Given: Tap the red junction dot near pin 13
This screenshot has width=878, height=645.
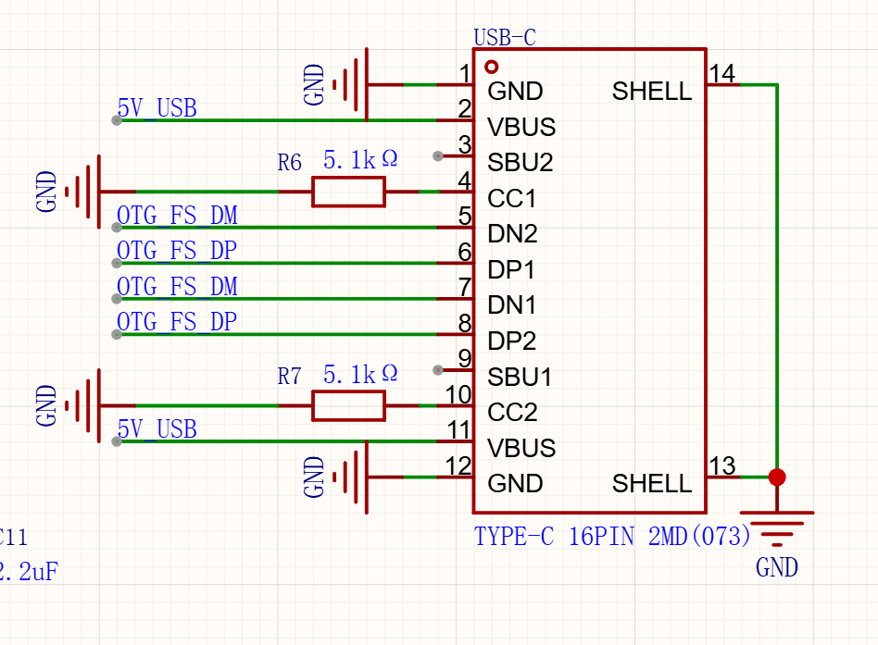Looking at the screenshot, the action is [x=777, y=478].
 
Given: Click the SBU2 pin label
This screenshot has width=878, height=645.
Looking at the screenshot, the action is [x=521, y=162].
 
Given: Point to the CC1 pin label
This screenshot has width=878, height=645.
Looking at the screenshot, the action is [x=511, y=198].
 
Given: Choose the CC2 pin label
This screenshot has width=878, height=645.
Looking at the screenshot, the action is [x=512, y=413].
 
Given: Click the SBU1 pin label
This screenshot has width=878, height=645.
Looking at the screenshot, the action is [x=519, y=377].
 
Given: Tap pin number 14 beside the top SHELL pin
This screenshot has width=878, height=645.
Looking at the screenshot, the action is [x=721, y=73].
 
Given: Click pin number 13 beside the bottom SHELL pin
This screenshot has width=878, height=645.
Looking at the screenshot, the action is [x=721, y=465].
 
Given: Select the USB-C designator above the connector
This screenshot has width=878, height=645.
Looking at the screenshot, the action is [x=505, y=38].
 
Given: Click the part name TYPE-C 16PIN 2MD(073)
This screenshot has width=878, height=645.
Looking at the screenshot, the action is [x=612, y=536].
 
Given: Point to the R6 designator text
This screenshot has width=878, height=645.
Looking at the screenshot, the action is [x=290, y=162].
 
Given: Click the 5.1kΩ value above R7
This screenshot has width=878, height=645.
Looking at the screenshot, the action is [x=360, y=374].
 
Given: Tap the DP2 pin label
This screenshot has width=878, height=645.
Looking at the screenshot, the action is [x=512, y=341].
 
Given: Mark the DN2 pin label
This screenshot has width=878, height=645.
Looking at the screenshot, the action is [x=512, y=233].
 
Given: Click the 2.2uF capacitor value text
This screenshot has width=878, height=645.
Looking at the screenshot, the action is [x=29, y=571].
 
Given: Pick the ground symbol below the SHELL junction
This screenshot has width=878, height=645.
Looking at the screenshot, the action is [x=777, y=528].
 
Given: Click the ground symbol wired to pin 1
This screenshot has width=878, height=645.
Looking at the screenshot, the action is [x=351, y=84].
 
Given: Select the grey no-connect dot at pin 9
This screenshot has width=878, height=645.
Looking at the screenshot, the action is [x=438, y=370].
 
